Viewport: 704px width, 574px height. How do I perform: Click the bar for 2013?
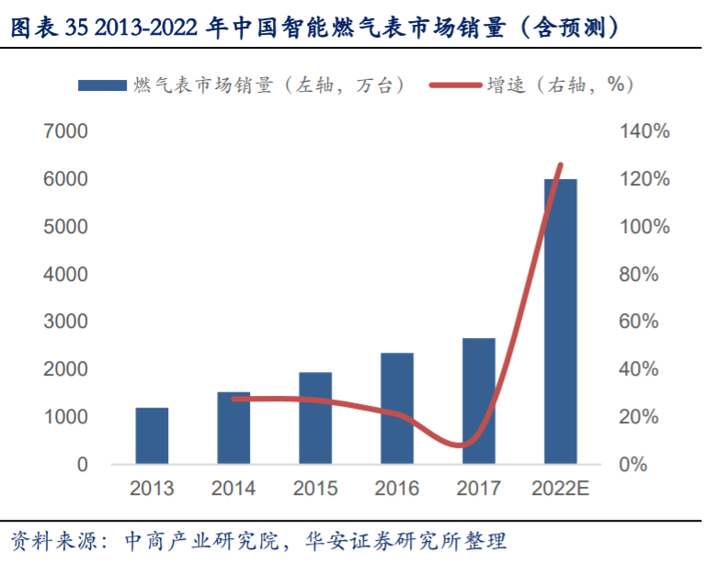(x=153, y=435)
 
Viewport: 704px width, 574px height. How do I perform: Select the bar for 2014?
(x=233, y=428)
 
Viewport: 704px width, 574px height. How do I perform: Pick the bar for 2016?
(x=397, y=409)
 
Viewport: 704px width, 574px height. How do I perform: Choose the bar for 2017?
(x=479, y=400)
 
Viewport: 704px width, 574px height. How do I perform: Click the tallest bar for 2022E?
(x=561, y=321)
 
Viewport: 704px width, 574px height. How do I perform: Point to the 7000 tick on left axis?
(x=69, y=131)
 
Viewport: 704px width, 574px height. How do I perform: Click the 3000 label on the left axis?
(x=69, y=321)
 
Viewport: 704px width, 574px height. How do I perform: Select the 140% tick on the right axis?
(x=644, y=131)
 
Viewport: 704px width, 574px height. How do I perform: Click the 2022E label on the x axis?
(x=561, y=489)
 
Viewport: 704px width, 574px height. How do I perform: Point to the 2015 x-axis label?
(x=315, y=489)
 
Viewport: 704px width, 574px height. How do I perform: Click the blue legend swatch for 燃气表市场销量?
(x=102, y=85)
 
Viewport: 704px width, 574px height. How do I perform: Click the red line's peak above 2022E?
(x=561, y=165)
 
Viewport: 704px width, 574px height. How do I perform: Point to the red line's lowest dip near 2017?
(x=466, y=445)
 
